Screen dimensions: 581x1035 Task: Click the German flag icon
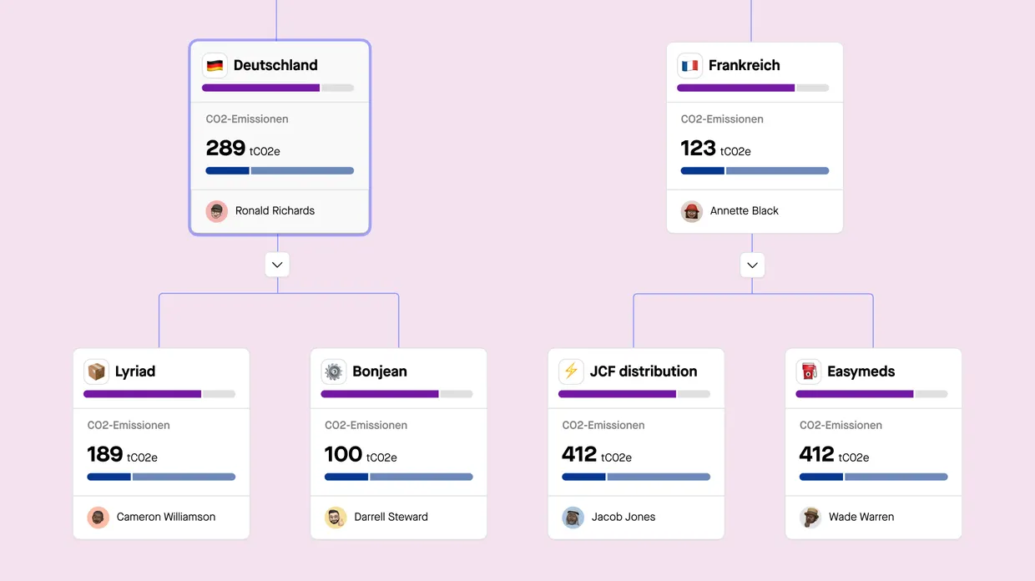point(215,65)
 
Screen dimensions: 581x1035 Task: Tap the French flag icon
point(689,65)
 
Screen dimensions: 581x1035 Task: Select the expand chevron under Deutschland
point(277,265)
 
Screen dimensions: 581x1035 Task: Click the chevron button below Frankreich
point(752,265)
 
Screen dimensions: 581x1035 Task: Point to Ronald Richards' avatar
point(217,211)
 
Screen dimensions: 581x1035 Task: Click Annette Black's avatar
point(692,211)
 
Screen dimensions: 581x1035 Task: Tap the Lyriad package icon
point(97,371)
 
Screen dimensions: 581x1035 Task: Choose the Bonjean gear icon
point(334,371)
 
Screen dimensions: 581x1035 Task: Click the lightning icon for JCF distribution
point(571,371)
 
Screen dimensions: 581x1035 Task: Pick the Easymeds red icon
point(808,371)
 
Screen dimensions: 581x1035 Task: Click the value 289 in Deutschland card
point(225,149)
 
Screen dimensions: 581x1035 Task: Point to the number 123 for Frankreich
point(699,149)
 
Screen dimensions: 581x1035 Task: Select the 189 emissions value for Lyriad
point(105,455)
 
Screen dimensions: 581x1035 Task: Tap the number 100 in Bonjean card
point(343,455)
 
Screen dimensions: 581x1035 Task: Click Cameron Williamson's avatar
point(98,518)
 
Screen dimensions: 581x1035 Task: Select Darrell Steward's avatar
point(336,518)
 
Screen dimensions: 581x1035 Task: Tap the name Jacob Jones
point(624,518)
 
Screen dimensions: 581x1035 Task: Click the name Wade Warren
point(861,518)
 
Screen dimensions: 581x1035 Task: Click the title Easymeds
point(861,371)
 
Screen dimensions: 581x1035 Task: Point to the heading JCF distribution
point(644,371)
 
